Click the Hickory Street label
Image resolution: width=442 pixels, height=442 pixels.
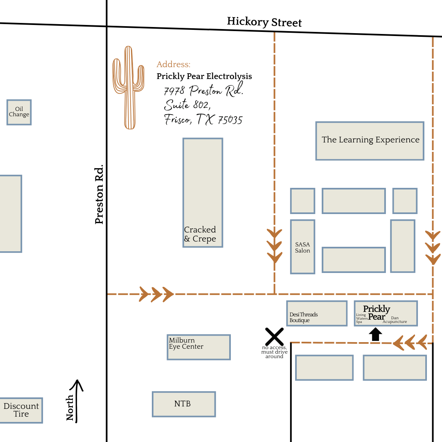coord(264,22)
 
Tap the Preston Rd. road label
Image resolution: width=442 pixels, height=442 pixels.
coord(99,195)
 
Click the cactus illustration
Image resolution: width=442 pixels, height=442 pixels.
coord(128,88)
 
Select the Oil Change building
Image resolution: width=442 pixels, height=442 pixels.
coord(19,112)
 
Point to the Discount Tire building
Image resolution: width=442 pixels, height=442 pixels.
coord(21,410)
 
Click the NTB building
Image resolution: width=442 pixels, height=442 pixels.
coord(184,404)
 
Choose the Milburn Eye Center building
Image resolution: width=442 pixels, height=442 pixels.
coord(199,347)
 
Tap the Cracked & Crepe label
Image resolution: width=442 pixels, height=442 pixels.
coord(200,235)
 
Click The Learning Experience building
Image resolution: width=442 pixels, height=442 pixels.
coord(370,140)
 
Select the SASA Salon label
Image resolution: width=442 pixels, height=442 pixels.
coord(303,248)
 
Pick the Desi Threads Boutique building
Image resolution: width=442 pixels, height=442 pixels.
coord(317,313)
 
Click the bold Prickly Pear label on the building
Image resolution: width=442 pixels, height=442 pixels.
coord(377,313)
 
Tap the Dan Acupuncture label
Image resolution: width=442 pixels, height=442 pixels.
coord(395,320)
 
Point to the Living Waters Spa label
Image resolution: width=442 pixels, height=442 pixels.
coord(361,318)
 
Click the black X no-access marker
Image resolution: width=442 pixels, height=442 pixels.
coord(274,336)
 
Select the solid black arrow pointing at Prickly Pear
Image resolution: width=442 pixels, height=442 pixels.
coord(375,334)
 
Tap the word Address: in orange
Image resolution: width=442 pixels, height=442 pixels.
coord(174,65)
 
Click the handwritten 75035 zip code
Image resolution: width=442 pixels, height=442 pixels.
coord(230,120)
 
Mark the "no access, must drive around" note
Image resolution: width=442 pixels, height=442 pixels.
coord(274,352)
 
